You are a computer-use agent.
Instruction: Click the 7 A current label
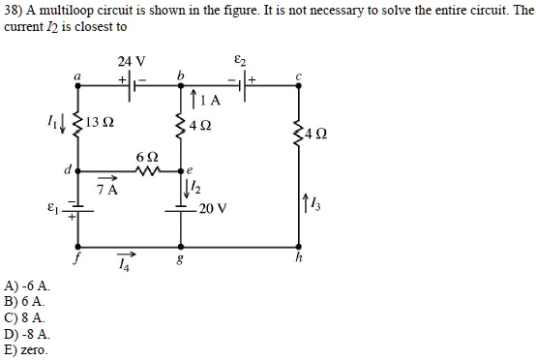point(107,190)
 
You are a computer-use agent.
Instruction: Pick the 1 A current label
point(212,100)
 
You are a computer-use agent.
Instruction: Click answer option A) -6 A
point(28,287)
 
